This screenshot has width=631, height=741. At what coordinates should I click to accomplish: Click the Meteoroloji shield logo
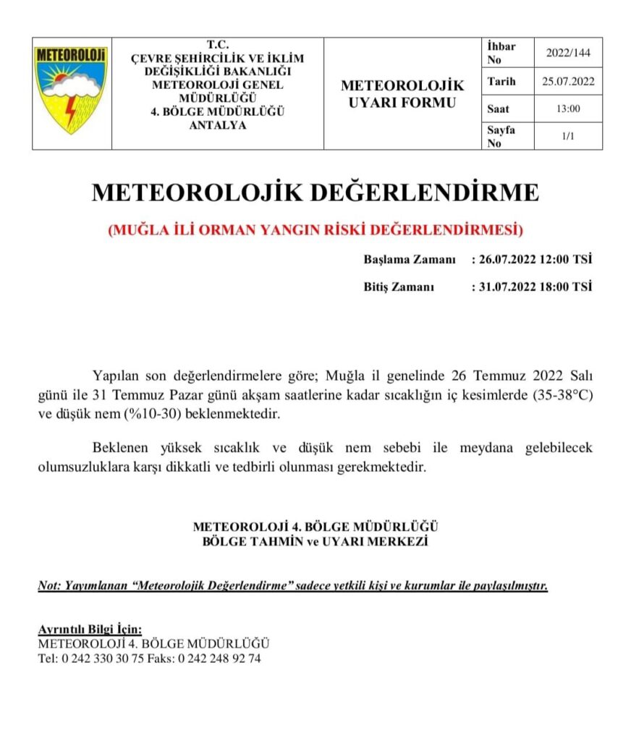point(71,90)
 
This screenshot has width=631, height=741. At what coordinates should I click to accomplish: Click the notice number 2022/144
point(568,52)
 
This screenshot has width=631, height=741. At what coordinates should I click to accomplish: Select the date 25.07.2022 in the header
point(568,81)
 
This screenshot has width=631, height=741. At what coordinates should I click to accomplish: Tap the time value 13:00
point(568,109)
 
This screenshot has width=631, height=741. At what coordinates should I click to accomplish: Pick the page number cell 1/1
point(568,136)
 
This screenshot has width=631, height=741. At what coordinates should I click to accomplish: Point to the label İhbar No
point(501,52)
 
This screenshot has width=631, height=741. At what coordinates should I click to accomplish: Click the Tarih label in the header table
point(501,81)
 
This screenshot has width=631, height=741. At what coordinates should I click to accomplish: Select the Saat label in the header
point(499,109)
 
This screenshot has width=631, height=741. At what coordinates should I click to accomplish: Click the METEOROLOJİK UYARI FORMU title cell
point(402,94)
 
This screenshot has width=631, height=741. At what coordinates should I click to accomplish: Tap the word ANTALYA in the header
point(217,124)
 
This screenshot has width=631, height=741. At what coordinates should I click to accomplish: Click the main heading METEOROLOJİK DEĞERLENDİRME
point(315,192)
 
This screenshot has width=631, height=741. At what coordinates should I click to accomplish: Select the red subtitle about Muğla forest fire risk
point(315,231)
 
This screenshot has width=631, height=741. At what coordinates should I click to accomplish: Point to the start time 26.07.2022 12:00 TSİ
point(535,260)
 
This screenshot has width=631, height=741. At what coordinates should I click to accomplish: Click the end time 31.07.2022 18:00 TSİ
point(535,287)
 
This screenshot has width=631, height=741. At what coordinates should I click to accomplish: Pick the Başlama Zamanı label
point(410,260)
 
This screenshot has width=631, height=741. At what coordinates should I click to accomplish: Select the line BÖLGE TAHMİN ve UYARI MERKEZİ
point(315,542)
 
